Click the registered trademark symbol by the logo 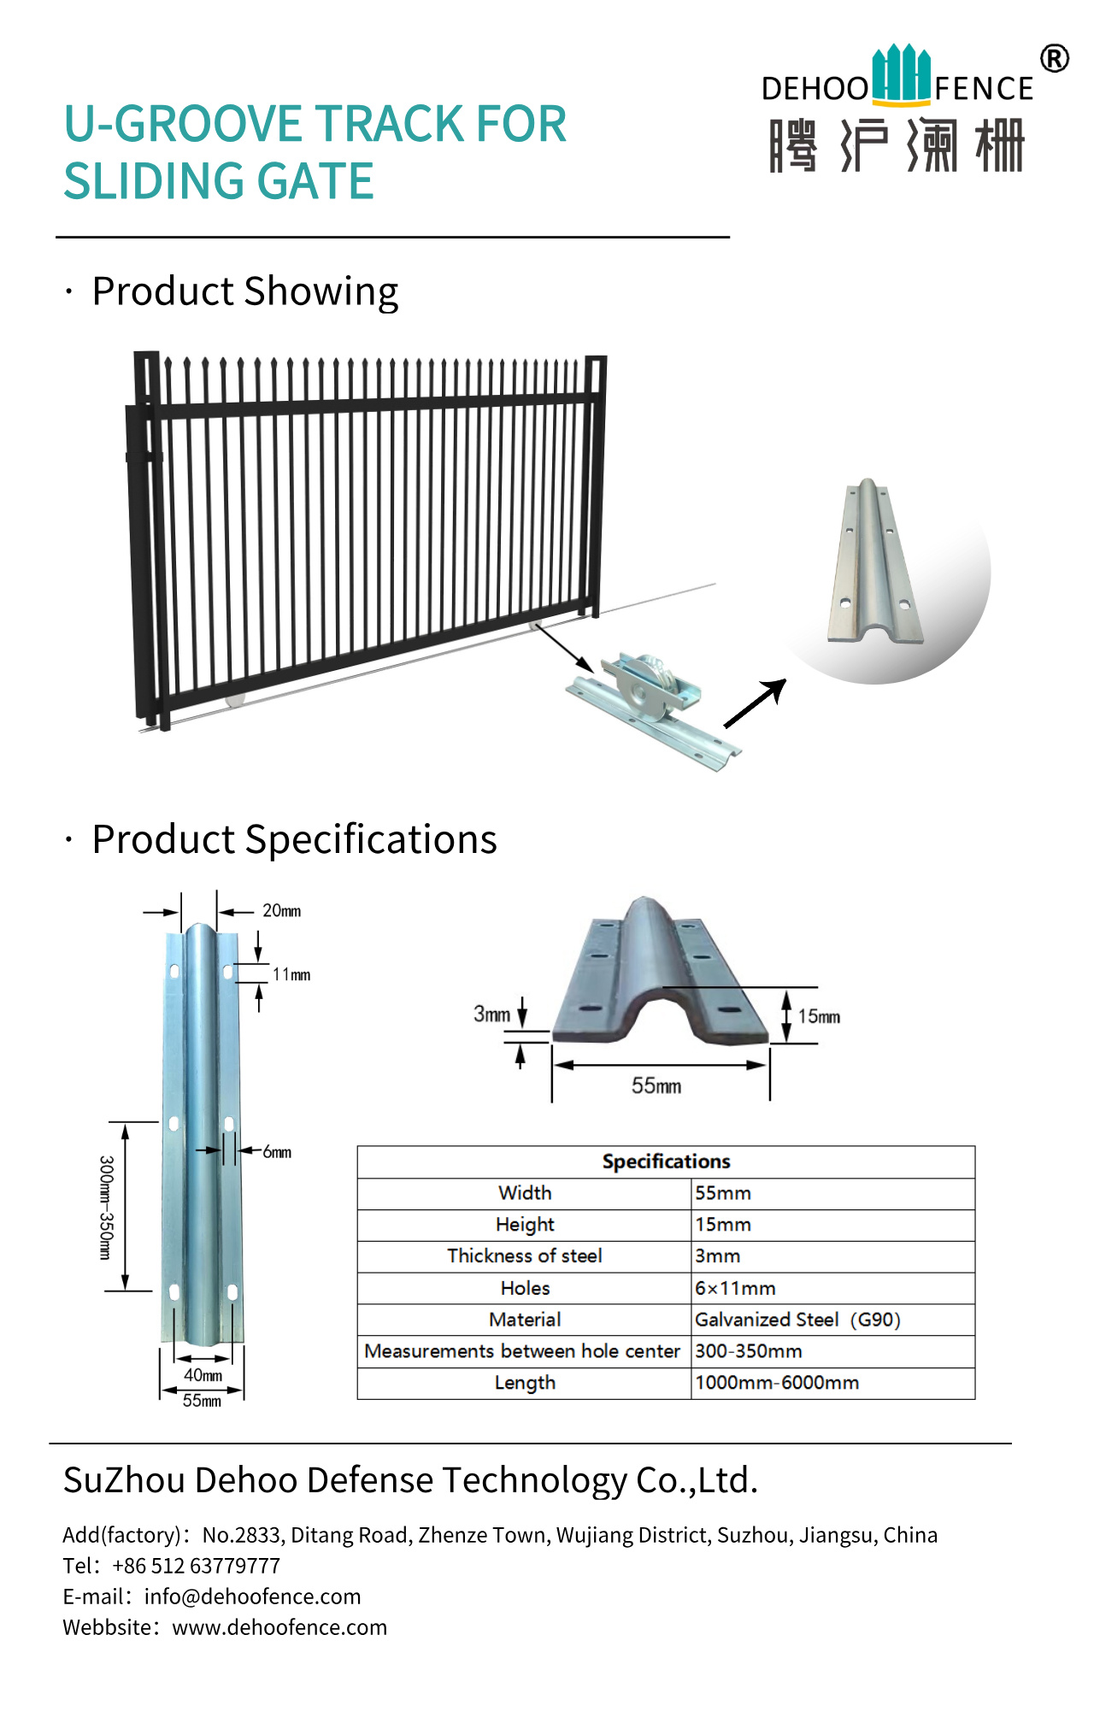[1055, 59]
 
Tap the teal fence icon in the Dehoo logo [901, 74]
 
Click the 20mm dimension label [281, 911]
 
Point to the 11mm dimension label [291, 974]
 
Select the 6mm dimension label [277, 1152]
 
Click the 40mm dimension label [203, 1375]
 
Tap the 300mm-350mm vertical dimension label [106, 1207]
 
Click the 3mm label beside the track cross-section [491, 1014]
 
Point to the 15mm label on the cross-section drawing [819, 1016]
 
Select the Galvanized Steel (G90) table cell [797, 1320]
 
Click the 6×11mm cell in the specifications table [735, 1288]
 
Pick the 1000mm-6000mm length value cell [777, 1383]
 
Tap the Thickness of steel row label [524, 1255]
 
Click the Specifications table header [666, 1161]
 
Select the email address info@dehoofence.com [252, 1597]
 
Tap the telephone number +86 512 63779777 [196, 1566]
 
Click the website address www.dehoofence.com [279, 1627]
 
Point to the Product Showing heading [244, 291]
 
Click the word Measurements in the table [429, 1351]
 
